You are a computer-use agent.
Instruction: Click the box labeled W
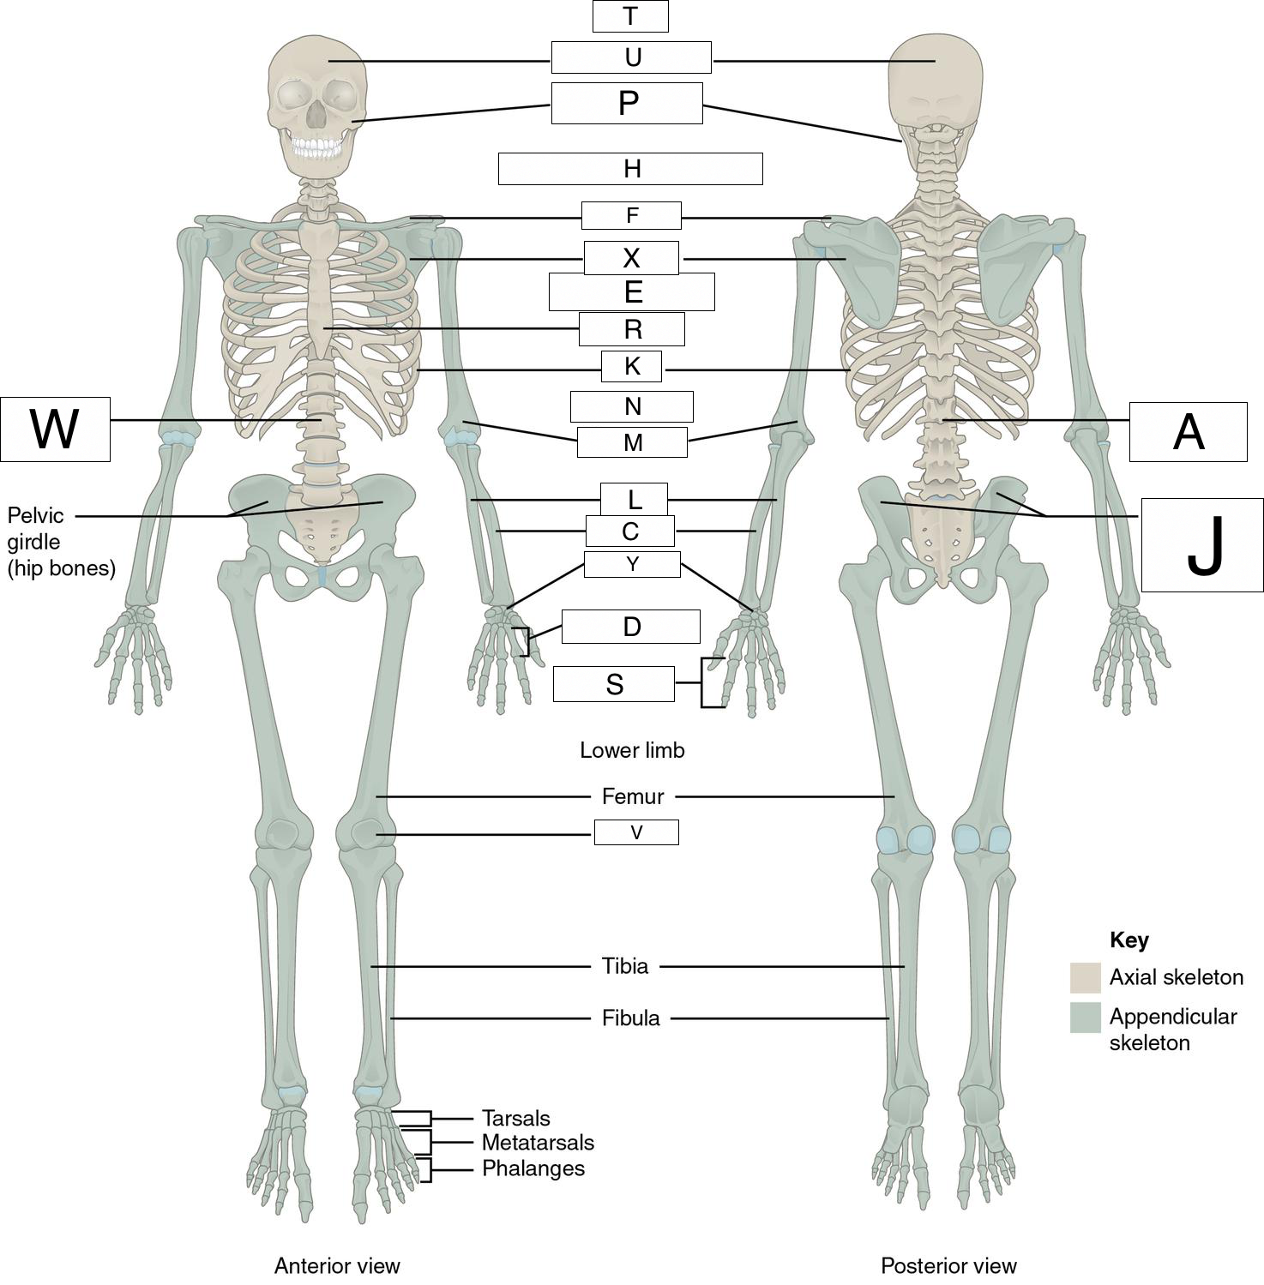click(x=55, y=429)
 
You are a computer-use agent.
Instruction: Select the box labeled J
click(x=1202, y=545)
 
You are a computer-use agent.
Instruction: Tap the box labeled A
click(x=1188, y=432)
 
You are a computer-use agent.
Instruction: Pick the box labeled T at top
click(x=630, y=16)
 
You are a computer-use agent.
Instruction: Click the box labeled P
click(x=627, y=103)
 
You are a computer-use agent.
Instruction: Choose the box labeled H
click(x=630, y=169)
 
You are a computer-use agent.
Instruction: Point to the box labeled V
click(x=636, y=832)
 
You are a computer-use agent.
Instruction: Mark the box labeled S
click(x=614, y=684)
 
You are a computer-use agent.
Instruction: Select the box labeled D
click(x=631, y=627)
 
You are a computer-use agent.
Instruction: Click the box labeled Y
click(x=632, y=564)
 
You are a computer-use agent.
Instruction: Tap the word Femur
click(x=633, y=797)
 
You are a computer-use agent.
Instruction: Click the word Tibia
click(x=625, y=967)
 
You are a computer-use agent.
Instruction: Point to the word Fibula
click(x=631, y=1018)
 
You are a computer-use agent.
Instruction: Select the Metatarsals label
click(x=538, y=1143)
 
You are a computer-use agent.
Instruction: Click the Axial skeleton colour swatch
click(x=1085, y=977)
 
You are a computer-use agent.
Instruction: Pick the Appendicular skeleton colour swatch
click(x=1085, y=1018)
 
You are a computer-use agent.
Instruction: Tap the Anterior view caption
click(x=337, y=1265)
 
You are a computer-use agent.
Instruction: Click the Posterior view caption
click(x=948, y=1265)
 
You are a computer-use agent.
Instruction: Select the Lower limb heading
click(x=632, y=750)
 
